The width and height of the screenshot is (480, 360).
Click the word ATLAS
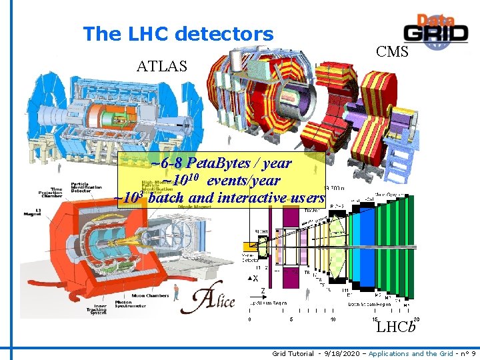click(162, 65)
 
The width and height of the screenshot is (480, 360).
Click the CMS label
click(392, 51)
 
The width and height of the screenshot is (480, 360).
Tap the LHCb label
click(396, 327)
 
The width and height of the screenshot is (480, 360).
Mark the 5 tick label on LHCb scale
click(291, 319)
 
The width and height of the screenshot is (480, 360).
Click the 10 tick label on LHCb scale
click(333, 319)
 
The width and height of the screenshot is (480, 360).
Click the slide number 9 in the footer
click(473, 353)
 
